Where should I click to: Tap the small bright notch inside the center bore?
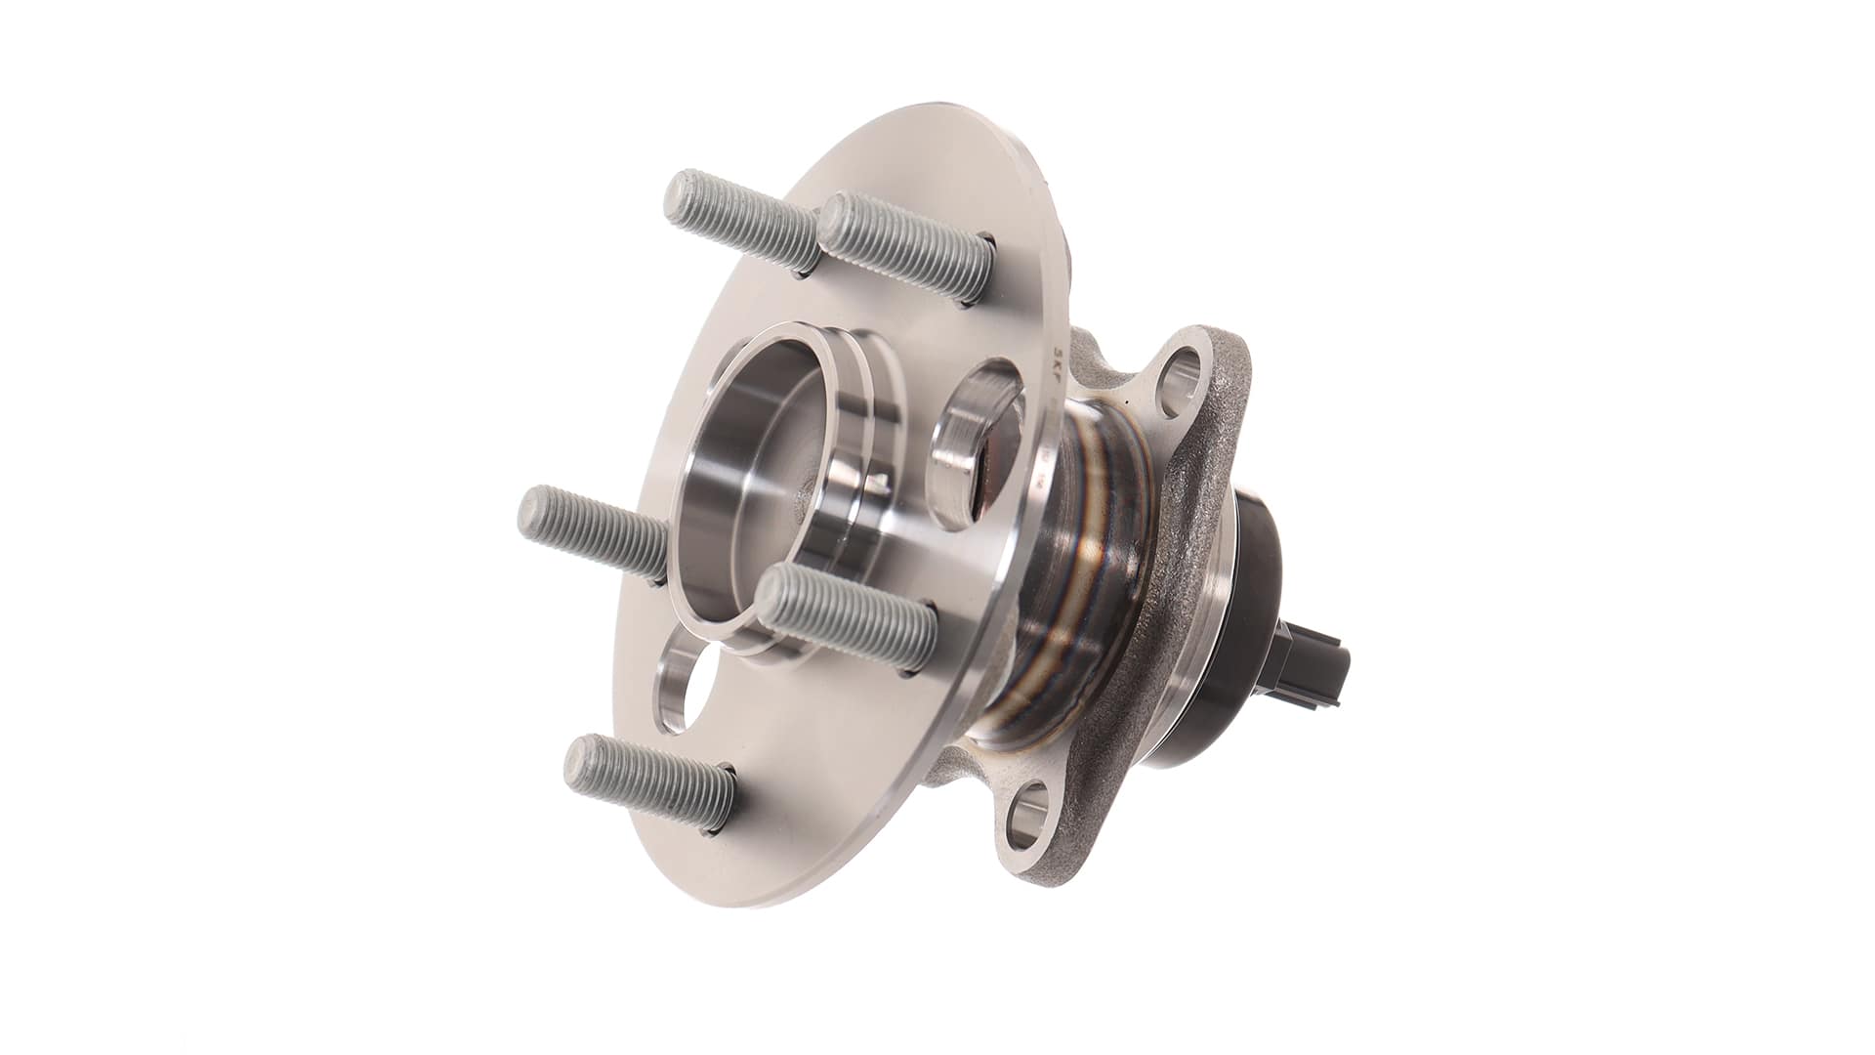click(x=880, y=481)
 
